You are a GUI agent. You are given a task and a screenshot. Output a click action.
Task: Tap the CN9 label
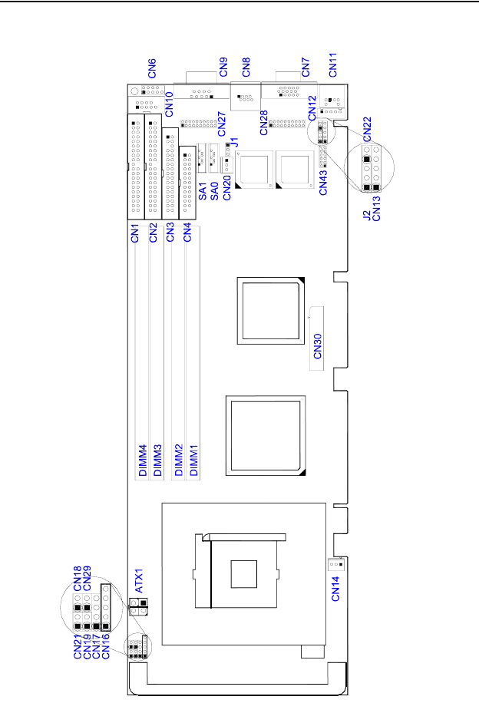click(x=223, y=68)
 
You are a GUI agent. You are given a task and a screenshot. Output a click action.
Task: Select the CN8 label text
click(x=246, y=68)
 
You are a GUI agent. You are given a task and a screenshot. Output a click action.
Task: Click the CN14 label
click(x=339, y=589)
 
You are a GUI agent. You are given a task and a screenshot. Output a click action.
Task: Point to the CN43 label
click(x=323, y=181)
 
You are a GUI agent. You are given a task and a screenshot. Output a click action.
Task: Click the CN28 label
click(x=263, y=123)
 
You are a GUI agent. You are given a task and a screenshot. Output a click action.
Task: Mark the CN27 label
click(x=221, y=123)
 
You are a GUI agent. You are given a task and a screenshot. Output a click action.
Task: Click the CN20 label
click(x=226, y=188)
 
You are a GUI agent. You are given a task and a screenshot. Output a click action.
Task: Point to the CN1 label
click(x=134, y=232)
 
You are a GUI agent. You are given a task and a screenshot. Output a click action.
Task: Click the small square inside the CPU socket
click(x=243, y=573)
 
